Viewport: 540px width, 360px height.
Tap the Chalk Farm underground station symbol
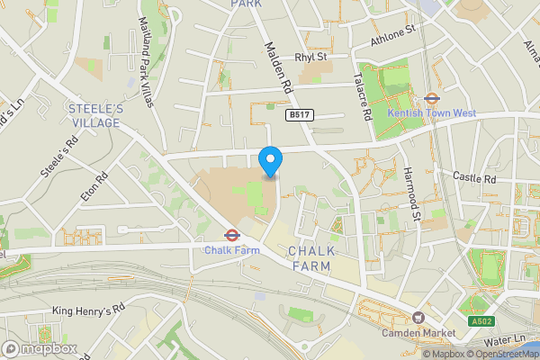pos(231,236)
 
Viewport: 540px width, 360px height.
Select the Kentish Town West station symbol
pos(431,100)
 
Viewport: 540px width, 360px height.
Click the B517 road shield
pos(299,116)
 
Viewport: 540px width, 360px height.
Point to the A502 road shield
pos(481,321)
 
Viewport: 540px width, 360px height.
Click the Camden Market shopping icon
pos(418,318)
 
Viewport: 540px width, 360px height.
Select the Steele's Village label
pos(95,115)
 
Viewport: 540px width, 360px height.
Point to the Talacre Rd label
pos(364,97)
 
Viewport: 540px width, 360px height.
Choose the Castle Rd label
pos(475,178)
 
